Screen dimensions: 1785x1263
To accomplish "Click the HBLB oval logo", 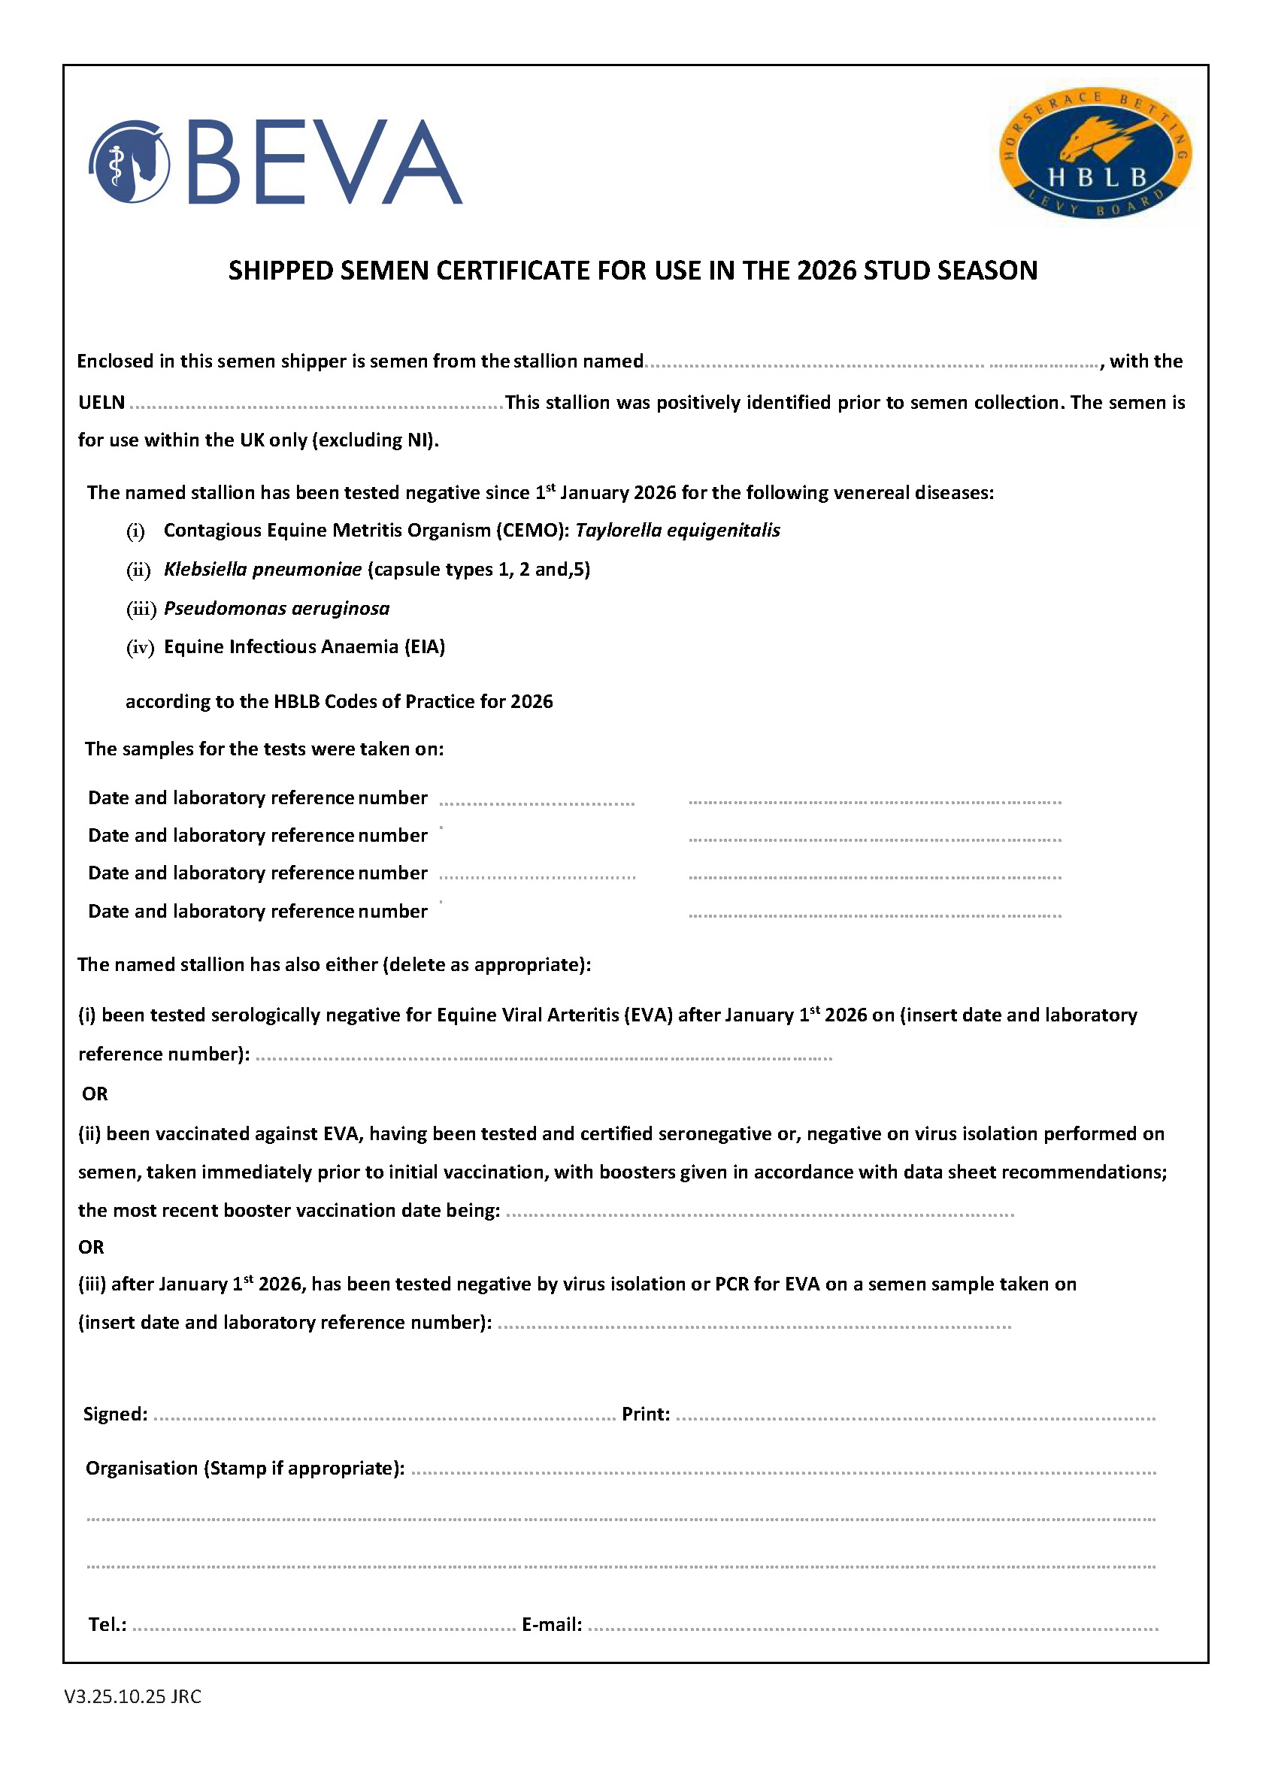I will coord(1095,153).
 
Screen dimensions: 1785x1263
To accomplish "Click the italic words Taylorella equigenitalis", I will coord(677,530).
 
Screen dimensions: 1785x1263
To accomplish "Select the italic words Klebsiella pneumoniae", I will coord(263,569).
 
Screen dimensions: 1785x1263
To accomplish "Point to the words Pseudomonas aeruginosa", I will coord(277,608).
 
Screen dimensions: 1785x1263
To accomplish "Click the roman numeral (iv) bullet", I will coord(140,647).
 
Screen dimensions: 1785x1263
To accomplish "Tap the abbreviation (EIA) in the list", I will coord(425,647).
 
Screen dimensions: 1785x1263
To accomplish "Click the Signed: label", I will coord(115,1414).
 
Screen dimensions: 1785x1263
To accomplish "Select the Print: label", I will coord(646,1414).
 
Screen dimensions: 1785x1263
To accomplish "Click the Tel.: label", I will coord(108,1624).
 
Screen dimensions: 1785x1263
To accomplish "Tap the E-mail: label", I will coord(551,1624).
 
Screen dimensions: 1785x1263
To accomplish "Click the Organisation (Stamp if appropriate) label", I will coord(245,1468).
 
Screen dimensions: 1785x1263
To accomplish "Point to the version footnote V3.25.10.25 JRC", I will coord(133,1696).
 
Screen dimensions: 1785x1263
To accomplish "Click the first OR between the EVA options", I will coord(95,1094).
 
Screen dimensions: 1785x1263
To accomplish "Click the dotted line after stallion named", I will coord(871,364).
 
